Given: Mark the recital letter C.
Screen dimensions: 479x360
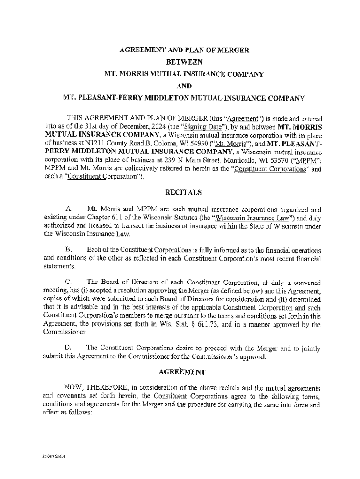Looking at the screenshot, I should pyautogui.click(x=69, y=283).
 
